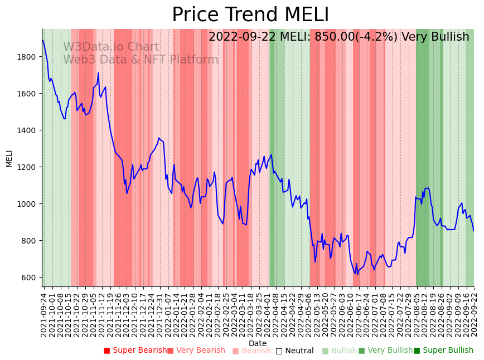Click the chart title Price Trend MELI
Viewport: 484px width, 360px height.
click(x=250, y=15)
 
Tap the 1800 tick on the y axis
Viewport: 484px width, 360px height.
click(x=27, y=57)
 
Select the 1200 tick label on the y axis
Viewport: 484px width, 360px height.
click(x=27, y=167)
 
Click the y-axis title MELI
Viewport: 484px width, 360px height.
click(x=9, y=158)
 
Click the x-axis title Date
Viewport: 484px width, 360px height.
click(x=258, y=343)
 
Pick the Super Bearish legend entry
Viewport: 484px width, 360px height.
click(x=135, y=351)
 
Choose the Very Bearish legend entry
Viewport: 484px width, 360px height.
click(x=196, y=351)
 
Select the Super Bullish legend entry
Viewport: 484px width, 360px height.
click(x=443, y=351)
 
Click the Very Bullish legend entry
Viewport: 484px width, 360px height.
click(x=385, y=351)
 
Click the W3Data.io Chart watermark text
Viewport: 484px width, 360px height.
click(x=111, y=47)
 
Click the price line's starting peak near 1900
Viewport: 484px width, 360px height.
click(x=42, y=40)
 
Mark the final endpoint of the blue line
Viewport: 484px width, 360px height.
click(x=474, y=231)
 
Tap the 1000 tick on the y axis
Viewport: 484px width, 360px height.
click(x=27, y=204)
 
